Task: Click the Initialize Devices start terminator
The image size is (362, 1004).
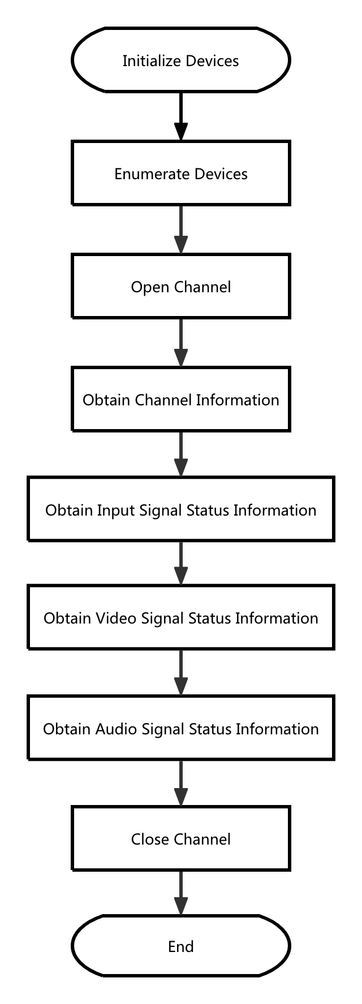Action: pyautogui.click(x=180, y=60)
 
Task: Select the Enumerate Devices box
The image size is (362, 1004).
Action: pyautogui.click(x=180, y=173)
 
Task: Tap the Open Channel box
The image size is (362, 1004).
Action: pyautogui.click(x=180, y=286)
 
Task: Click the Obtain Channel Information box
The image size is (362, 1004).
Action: pyautogui.click(x=180, y=399)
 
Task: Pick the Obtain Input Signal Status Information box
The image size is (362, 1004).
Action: pyautogui.click(x=180, y=509)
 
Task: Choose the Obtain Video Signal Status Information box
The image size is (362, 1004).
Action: pyautogui.click(x=180, y=617)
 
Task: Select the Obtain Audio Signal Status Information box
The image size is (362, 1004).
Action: pyautogui.click(x=180, y=728)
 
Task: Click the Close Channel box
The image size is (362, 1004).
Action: pyautogui.click(x=180, y=838)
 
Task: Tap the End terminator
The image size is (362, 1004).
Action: pyautogui.click(x=180, y=946)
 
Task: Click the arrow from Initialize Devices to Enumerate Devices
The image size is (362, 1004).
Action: pyautogui.click(x=180, y=116)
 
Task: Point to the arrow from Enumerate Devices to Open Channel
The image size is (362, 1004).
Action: pyautogui.click(x=180, y=230)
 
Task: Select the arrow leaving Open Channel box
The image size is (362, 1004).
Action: pyautogui.click(x=180, y=343)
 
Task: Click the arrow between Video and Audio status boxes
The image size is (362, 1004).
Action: pyautogui.click(x=180, y=672)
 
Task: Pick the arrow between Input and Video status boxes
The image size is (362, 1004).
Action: pyautogui.click(x=180, y=563)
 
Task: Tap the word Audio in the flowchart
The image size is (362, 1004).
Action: pyautogui.click(x=116, y=729)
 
